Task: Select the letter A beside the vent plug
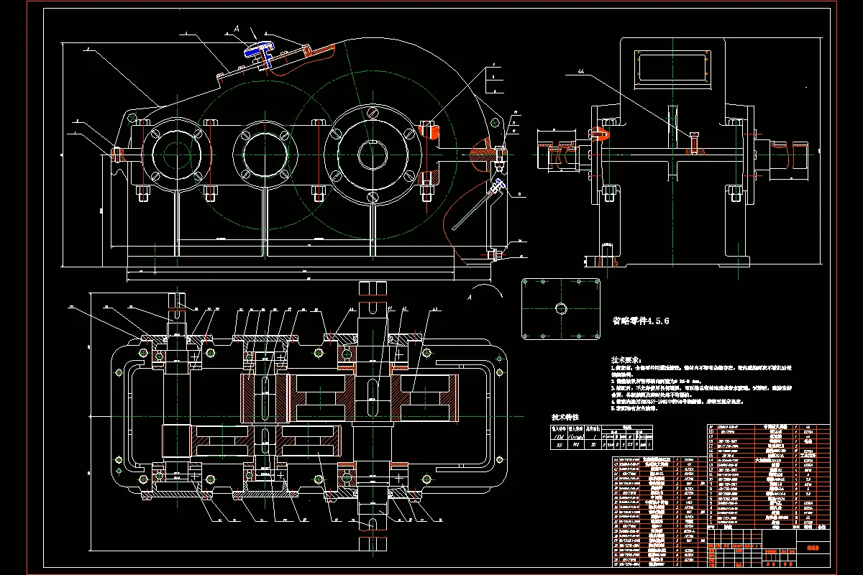tap(236, 29)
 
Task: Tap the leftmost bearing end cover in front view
tap(170, 153)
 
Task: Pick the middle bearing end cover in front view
tap(265, 153)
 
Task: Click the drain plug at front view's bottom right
tap(493, 254)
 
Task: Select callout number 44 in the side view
tap(580, 71)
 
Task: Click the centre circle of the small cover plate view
tap(561, 308)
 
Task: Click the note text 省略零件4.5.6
tap(640, 321)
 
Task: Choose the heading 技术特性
tap(565, 417)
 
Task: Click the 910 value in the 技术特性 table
tap(575, 445)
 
